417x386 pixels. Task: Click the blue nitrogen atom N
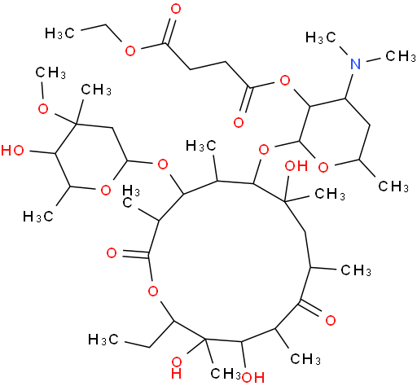click(x=355, y=64)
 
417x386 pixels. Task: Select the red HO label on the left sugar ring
click(x=12, y=150)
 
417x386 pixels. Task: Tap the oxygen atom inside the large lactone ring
click(x=153, y=292)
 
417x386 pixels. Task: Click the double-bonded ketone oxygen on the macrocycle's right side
click(x=331, y=320)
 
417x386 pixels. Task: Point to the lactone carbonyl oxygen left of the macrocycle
click(x=112, y=253)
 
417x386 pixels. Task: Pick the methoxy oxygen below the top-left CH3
click(x=43, y=109)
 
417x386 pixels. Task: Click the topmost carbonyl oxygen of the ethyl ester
click(x=176, y=9)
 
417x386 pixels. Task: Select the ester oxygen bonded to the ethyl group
click(x=130, y=50)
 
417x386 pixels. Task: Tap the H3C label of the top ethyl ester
click(x=59, y=33)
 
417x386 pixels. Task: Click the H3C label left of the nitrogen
click(x=321, y=37)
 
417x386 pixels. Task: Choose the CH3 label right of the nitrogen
click(x=401, y=56)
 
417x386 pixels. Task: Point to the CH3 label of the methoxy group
click(x=50, y=72)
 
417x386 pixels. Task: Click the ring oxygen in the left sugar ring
click(x=106, y=190)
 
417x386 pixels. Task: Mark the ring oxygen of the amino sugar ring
click(x=323, y=168)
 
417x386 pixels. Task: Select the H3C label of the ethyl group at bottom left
click(x=103, y=340)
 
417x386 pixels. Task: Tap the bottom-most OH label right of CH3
click(x=253, y=377)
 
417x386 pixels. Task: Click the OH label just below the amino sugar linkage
click(x=296, y=165)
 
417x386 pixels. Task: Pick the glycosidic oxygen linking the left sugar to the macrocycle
click(x=163, y=164)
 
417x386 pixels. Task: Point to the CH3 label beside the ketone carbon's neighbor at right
click(x=356, y=270)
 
